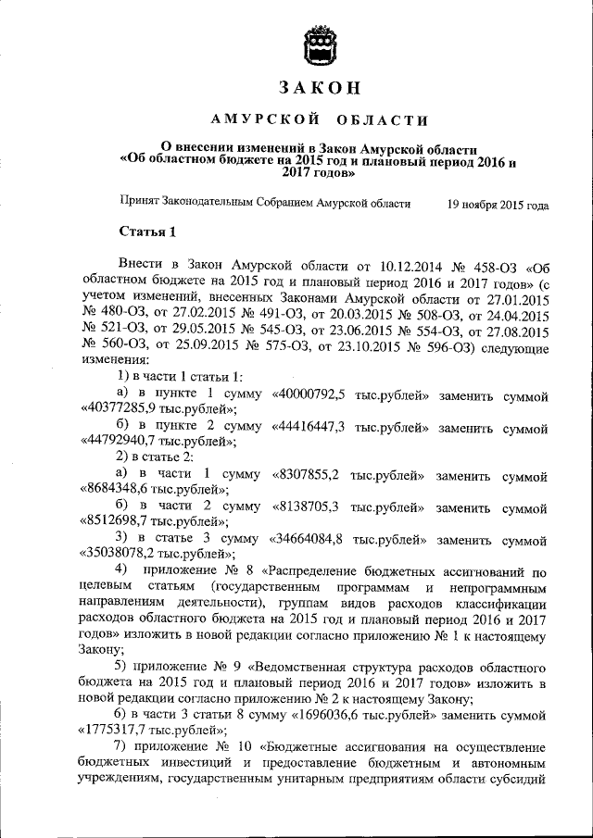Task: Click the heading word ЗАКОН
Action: point(319,88)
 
